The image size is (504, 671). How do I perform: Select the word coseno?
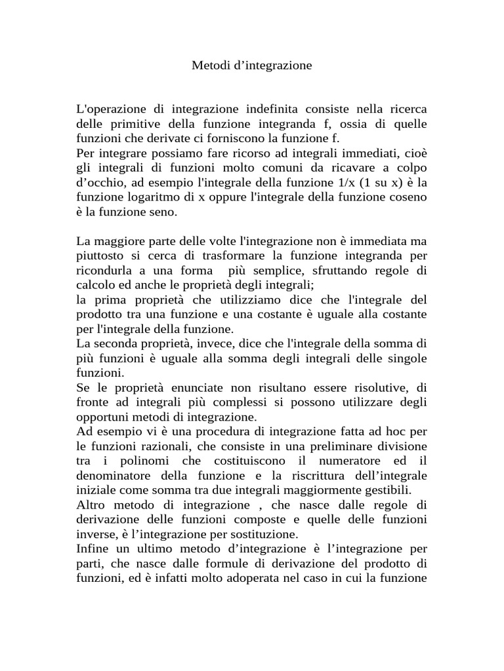pyautogui.click(x=408, y=198)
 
